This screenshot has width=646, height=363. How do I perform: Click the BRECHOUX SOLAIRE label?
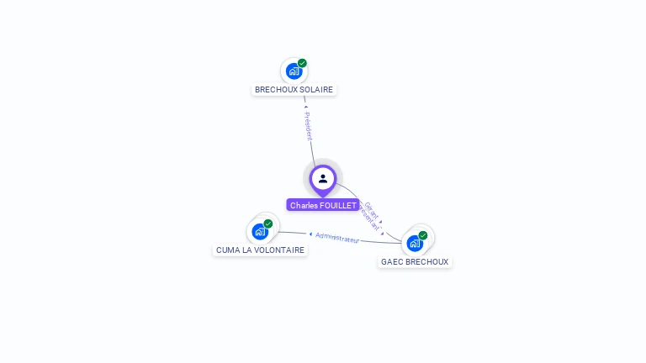coord(294,89)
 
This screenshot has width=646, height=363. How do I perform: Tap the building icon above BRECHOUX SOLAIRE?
coord(294,71)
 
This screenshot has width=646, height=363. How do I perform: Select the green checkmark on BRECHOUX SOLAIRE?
coord(302,63)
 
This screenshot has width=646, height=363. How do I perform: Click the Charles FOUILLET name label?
coord(323,205)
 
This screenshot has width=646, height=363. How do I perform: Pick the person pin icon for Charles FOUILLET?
coord(323,179)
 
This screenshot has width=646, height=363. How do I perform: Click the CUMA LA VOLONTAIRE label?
coord(260,250)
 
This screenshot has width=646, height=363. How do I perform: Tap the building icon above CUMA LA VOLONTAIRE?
coord(260,231)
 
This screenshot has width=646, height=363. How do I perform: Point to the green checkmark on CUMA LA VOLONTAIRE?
coord(268,224)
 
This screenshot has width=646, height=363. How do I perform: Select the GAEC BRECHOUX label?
coord(415,261)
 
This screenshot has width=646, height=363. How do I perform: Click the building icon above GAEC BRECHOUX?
coord(415,244)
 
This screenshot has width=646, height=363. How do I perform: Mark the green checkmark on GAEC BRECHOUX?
coord(423,235)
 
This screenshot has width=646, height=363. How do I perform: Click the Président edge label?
coord(308,126)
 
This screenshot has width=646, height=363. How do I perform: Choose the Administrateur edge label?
coord(337,238)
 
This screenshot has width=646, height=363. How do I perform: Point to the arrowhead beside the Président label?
coord(305,107)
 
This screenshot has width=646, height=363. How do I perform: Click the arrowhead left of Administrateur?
coord(310,234)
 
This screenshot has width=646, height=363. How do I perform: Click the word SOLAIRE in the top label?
coord(316,89)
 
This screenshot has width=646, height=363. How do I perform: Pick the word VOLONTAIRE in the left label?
coord(279,250)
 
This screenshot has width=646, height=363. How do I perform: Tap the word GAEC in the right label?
coord(392,261)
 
